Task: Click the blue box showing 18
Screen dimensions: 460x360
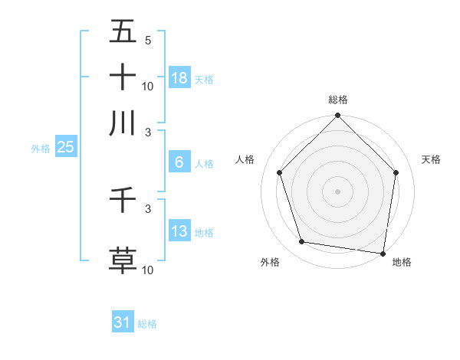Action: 179,77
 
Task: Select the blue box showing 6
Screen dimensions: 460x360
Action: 179,162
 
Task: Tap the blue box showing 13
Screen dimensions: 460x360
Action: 179,231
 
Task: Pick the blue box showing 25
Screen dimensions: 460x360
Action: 65,147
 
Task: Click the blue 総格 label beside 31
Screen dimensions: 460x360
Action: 147,324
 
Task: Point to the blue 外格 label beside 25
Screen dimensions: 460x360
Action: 41,149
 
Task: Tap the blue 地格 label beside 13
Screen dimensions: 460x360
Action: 204,233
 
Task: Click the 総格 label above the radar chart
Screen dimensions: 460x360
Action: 338,100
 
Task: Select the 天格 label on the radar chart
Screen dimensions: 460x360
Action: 432,159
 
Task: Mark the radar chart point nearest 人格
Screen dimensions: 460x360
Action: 280,172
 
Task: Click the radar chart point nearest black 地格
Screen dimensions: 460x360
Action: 383,253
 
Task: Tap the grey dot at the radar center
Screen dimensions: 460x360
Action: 337,191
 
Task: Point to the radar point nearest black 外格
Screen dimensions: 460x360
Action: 302,242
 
